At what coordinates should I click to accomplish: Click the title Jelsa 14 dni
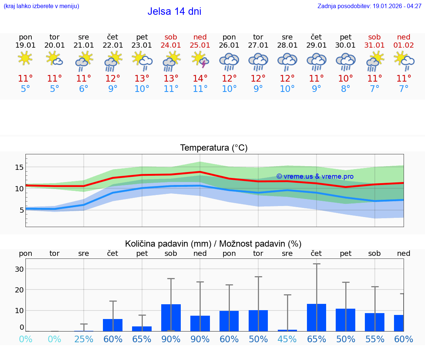(174, 11)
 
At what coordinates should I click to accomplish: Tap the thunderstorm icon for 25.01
(200, 60)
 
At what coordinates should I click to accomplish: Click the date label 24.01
(171, 45)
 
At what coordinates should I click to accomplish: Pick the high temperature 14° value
(200, 79)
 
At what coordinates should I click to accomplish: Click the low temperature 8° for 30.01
(346, 89)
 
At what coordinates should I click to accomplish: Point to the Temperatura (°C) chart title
(214, 148)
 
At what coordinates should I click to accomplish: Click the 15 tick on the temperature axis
(19, 167)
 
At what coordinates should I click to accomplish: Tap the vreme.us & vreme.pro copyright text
(315, 176)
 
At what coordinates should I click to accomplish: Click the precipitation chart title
(213, 244)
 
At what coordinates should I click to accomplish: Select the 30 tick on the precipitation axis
(19, 269)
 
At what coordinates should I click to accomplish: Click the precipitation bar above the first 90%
(171, 318)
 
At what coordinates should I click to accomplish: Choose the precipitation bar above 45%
(287, 330)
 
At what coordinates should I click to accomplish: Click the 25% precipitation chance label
(84, 339)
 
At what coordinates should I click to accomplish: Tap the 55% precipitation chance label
(374, 339)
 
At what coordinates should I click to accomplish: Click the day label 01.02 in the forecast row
(404, 45)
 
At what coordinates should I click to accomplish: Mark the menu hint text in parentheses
(41, 6)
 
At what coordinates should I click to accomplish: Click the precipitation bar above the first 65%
(142, 329)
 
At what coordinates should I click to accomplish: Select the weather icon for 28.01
(287, 61)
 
